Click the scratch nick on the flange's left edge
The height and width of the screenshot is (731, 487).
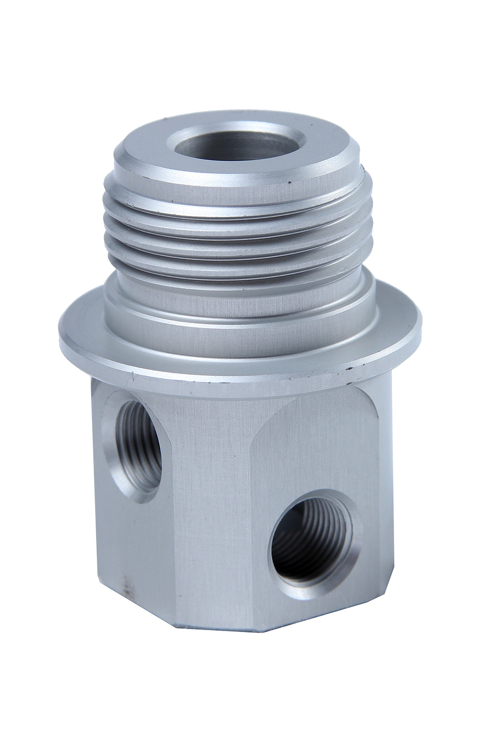coord(132,376)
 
